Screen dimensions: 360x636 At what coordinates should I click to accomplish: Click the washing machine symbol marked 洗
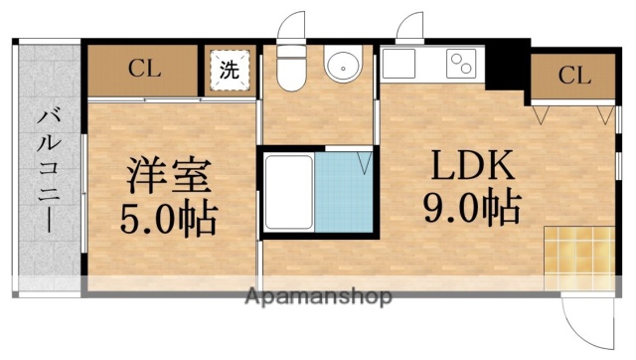point(230,71)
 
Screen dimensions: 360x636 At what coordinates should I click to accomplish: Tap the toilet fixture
point(291,67)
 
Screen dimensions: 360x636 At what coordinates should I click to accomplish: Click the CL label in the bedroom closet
point(145,70)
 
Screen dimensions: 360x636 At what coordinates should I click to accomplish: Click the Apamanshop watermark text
point(317,296)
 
